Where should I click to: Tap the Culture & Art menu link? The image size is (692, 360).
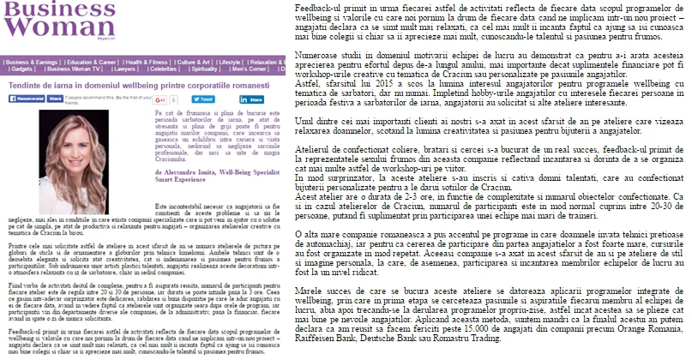[x=193, y=62]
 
